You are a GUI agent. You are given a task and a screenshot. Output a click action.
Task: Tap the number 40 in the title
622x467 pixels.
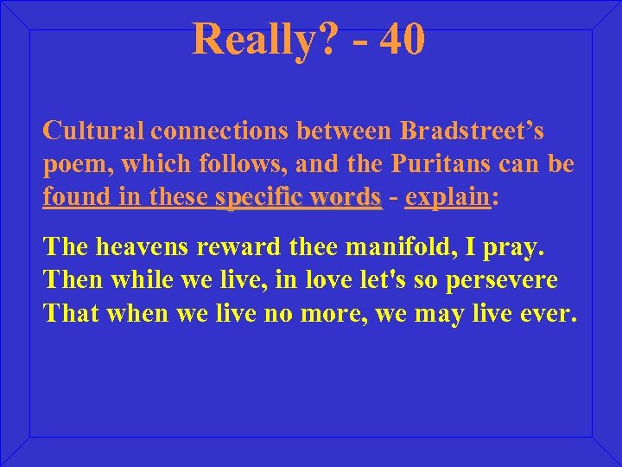[x=401, y=40]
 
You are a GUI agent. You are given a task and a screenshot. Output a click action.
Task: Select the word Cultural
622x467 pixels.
[x=94, y=131]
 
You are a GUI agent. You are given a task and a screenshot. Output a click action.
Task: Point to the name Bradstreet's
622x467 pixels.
[x=472, y=131]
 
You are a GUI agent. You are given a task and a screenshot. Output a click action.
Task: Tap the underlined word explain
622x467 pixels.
[x=447, y=197]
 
